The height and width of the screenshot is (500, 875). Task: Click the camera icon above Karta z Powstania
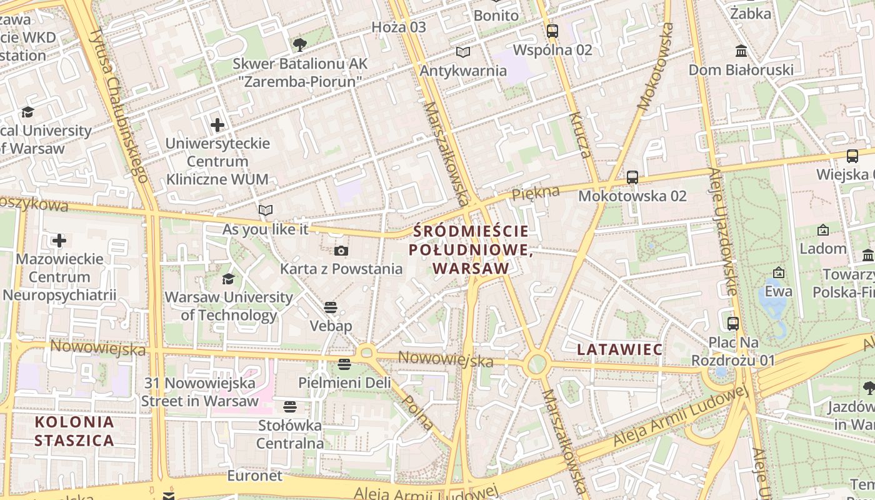341,251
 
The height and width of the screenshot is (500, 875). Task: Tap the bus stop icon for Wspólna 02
552,31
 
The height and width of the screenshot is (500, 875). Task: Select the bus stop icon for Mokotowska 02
632,177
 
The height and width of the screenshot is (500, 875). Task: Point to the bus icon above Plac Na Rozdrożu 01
733,324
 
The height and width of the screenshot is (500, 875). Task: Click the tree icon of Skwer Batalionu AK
300,44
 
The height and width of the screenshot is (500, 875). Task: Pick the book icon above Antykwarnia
462,52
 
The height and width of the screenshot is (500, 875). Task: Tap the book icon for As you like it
266,211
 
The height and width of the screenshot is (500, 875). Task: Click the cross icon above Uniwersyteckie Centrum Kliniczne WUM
217,125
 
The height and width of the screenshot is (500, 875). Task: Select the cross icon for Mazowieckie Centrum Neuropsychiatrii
59,241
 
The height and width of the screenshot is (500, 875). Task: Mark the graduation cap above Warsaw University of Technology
228,279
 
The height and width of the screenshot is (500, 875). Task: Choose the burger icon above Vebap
331,307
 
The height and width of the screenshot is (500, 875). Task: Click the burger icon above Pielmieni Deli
344,364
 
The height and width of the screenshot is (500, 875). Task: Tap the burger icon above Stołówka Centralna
289,407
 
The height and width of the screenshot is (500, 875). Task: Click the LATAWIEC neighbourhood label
619,349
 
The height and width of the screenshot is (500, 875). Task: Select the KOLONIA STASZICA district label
74,431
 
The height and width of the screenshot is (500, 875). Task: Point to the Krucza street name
580,134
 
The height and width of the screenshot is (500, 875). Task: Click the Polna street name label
418,412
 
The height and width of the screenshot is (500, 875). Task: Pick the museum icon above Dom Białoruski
741,51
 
